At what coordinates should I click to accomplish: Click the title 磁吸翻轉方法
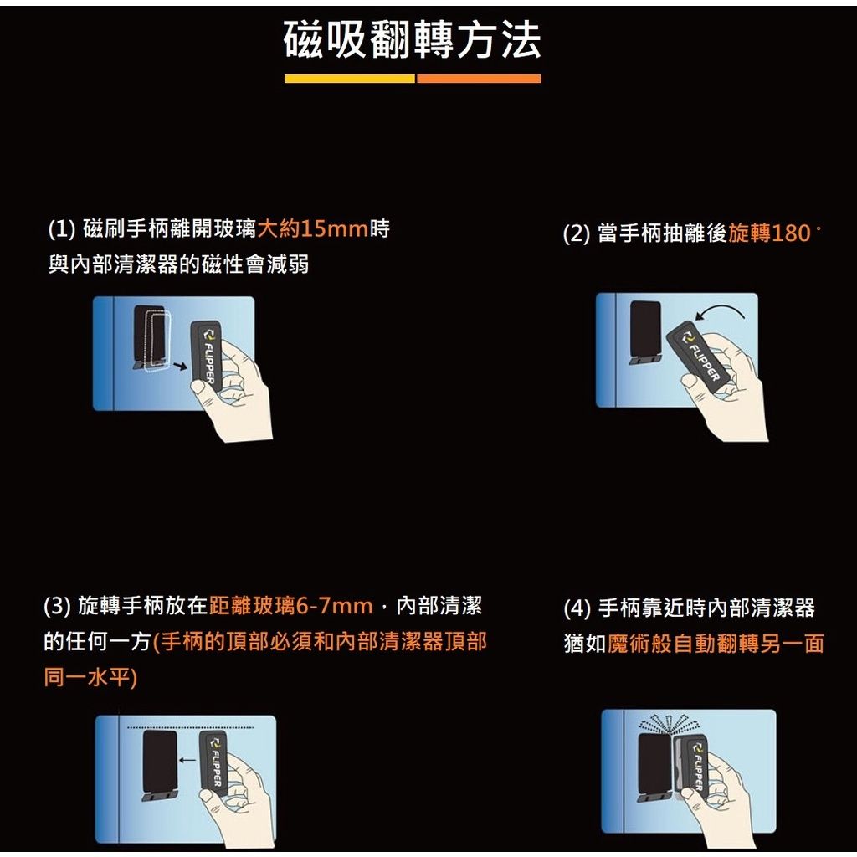click(x=413, y=40)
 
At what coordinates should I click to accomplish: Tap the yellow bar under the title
click(x=349, y=79)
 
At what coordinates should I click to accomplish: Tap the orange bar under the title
click(x=479, y=79)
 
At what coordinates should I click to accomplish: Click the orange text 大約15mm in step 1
click(x=313, y=228)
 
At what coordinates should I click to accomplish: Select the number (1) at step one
click(x=62, y=229)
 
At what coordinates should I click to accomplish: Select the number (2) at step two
click(x=576, y=234)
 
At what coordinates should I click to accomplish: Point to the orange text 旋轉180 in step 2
click(x=770, y=233)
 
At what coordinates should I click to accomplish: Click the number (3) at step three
click(x=58, y=606)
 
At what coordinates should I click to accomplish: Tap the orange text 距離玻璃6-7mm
click(x=290, y=606)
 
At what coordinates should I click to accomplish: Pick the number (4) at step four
click(x=577, y=608)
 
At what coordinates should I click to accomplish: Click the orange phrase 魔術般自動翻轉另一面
click(x=716, y=644)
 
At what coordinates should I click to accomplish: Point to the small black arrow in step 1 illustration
click(x=180, y=366)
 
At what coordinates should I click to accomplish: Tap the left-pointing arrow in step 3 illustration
click(x=187, y=760)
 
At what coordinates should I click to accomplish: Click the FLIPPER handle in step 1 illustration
click(x=206, y=356)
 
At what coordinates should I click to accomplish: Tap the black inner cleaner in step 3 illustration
click(x=160, y=762)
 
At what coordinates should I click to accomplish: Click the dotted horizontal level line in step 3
click(x=190, y=727)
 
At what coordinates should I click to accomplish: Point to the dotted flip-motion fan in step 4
click(x=670, y=724)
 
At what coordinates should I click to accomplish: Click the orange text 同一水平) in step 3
click(x=90, y=678)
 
